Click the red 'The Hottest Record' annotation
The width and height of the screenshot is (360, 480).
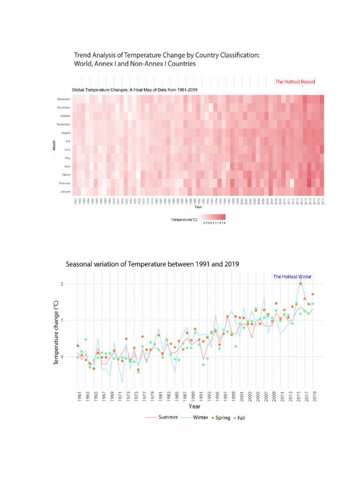click(x=295, y=82)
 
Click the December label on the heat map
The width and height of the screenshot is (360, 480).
click(x=64, y=99)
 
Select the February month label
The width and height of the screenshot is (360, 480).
click(x=64, y=183)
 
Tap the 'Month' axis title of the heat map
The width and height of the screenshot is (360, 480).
click(x=54, y=146)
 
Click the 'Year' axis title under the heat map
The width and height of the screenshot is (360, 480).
click(x=198, y=207)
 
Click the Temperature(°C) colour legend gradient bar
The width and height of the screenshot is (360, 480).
click(x=212, y=217)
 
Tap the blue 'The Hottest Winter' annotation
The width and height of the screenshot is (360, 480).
click(x=292, y=277)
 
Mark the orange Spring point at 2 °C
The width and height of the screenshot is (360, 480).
click(x=300, y=284)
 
